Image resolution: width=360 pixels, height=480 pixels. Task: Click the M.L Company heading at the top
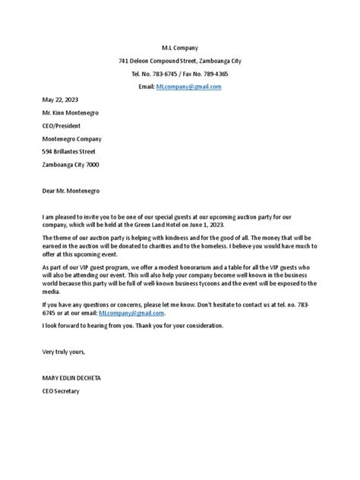[179, 47]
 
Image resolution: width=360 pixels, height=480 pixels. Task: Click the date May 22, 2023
[61, 100]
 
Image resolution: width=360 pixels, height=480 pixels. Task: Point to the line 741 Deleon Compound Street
[179, 61]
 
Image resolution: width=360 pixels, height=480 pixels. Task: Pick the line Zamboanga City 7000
[71, 165]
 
